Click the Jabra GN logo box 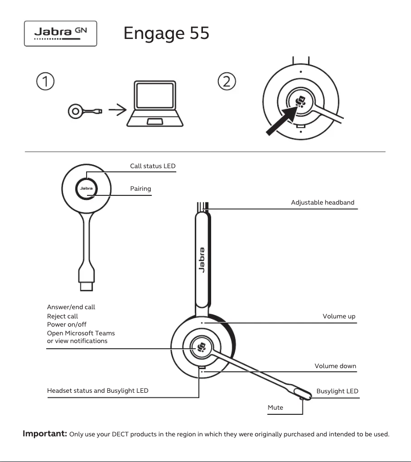pyautogui.click(x=60, y=33)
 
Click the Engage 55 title pyautogui.click(x=166, y=33)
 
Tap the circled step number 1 pyautogui.click(x=46, y=81)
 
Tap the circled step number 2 pyautogui.click(x=227, y=81)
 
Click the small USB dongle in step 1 pyautogui.click(x=85, y=110)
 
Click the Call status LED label pyautogui.click(x=153, y=166)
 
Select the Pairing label pyautogui.click(x=140, y=189)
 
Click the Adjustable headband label pyautogui.click(x=322, y=203)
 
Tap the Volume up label pyautogui.click(x=339, y=316)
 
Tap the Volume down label pyautogui.click(x=335, y=366)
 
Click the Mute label pyautogui.click(x=275, y=408)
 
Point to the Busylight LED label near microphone pyautogui.click(x=337, y=391)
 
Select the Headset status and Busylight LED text pyautogui.click(x=97, y=391)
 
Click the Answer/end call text pyautogui.click(x=71, y=307)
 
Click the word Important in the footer pyautogui.click(x=45, y=434)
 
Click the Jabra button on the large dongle pyautogui.click(x=86, y=188)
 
